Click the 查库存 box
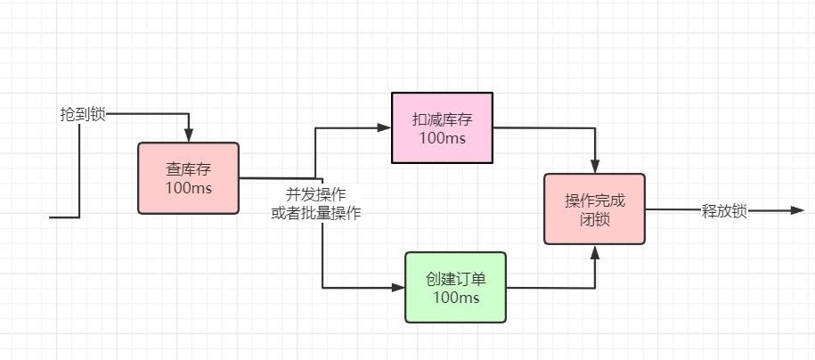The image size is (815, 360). (x=188, y=178)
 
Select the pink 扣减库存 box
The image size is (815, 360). (x=442, y=127)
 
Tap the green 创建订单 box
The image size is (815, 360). (x=455, y=287)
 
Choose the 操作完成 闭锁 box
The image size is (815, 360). (x=594, y=209)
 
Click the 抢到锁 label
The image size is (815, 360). (x=83, y=114)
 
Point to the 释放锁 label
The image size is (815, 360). (x=724, y=211)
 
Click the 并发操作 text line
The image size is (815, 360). (x=315, y=194)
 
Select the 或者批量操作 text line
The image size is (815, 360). (x=315, y=213)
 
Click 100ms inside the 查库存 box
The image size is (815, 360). (x=188, y=188)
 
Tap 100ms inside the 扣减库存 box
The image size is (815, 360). (x=442, y=138)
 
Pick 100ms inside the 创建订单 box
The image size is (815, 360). (x=455, y=298)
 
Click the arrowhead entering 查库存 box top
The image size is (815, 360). (x=189, y=135)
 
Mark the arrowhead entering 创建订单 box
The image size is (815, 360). (x=398, y=288)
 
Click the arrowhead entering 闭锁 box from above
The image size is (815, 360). (x=595, y=167)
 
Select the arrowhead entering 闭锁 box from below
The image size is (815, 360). (x=595, y=251)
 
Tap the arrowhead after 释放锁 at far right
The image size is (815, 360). (x=797, y=211)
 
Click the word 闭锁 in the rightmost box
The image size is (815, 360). (x=594, y=219)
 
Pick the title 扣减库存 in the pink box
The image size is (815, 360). (x=442, y=119)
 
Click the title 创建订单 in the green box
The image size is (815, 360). (x=455, y=278)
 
